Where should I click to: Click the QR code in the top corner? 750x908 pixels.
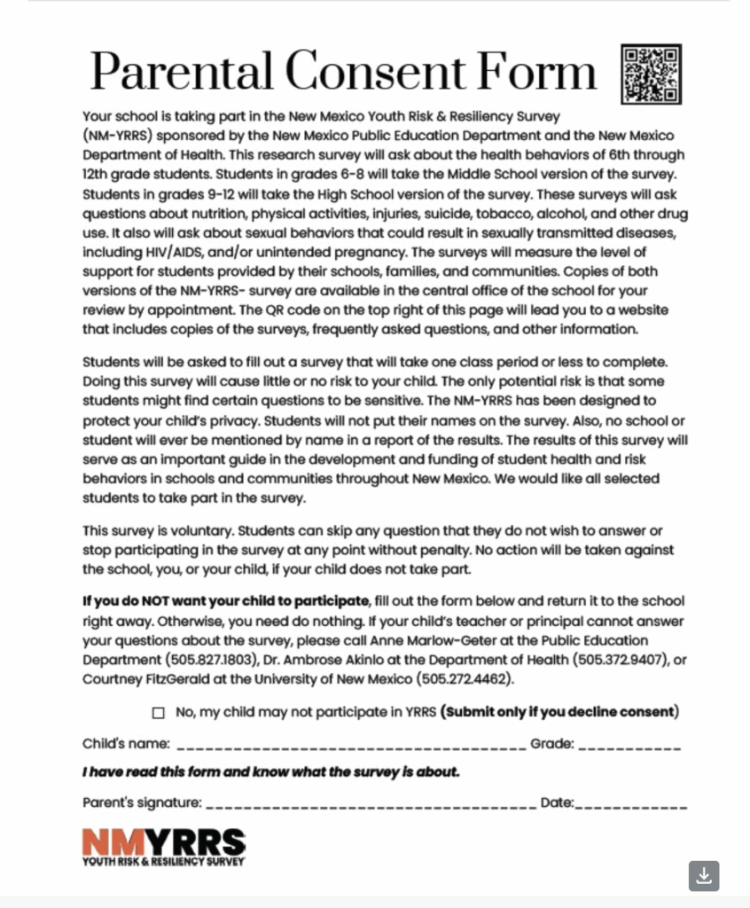pos(652,73)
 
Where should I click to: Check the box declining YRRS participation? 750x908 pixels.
pos(159,712)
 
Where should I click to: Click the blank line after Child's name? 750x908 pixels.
pos(350,745)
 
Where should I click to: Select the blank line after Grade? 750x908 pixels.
pos(629,745)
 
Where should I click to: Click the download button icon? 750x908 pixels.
pos(704,875)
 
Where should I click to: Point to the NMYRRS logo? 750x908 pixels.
pos(164,846)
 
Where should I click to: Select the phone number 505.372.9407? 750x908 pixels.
pos(614,660)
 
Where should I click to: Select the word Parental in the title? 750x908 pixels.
pos(181,71)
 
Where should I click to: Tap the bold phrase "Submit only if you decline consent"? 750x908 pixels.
pos(561,711)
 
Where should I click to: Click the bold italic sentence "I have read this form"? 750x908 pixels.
pos(271,772)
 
